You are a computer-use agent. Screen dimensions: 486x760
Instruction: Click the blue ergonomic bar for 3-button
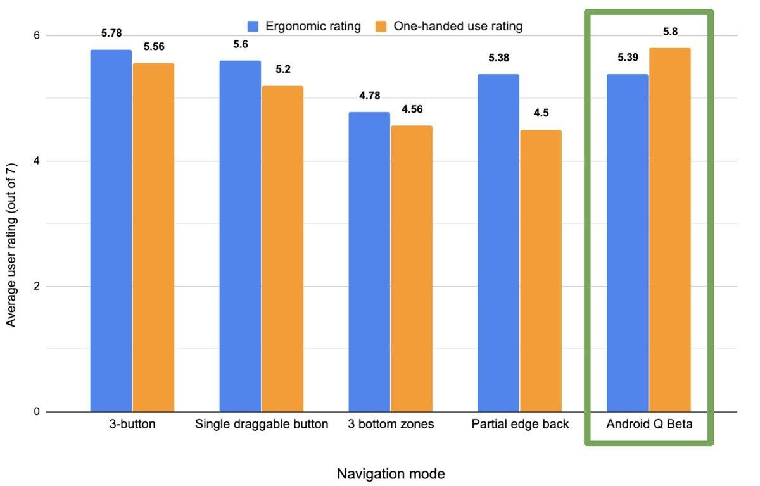(x=111, y=231)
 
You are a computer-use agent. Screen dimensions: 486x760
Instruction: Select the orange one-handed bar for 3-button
(x=153, y=237)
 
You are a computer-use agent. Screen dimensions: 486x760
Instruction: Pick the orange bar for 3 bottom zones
(x=412, y=269)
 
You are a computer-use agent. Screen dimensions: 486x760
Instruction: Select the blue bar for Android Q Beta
(x=627, y=243)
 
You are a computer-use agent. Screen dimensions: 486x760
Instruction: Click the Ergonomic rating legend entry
(x=304, y=26)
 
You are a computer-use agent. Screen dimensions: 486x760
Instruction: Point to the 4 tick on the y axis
(x=37, y=161)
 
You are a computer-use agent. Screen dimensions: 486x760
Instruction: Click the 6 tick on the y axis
(x=37, y=35)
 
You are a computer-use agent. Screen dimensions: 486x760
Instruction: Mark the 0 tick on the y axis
(x=37, y=412)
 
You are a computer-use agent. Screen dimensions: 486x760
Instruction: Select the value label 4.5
(x=541, y=113)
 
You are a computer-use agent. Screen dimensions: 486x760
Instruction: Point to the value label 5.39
(x=628, y=58)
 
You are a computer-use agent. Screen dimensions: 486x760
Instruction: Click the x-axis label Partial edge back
(x=520, y=424)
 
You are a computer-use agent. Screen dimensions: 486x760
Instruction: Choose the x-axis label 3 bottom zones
(x=391, y=424)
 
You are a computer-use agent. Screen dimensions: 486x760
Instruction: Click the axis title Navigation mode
(x=391, y=473)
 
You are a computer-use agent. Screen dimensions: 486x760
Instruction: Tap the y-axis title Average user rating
(x=11, y=244)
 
